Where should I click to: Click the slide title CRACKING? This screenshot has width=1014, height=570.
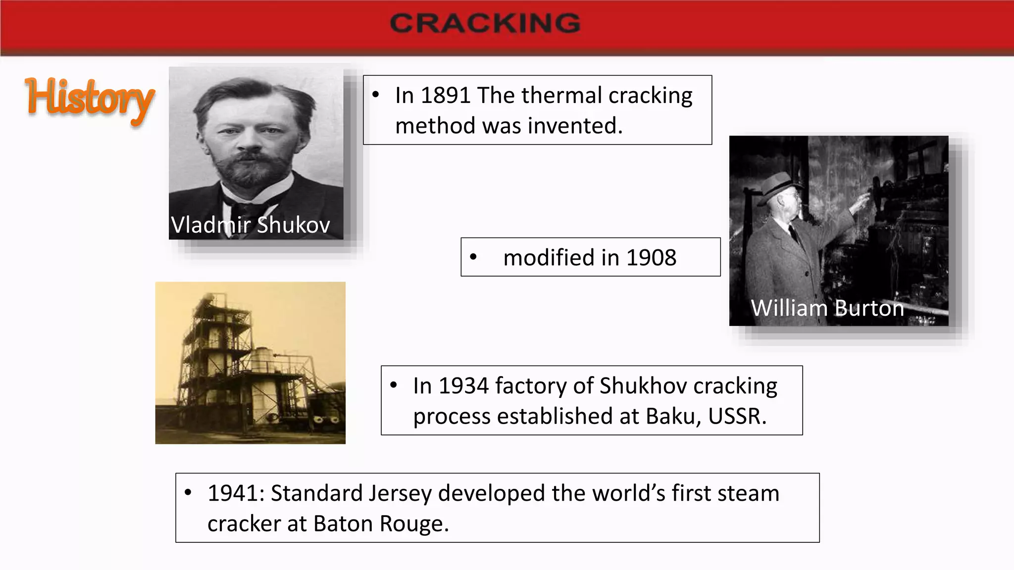tap(485, 23)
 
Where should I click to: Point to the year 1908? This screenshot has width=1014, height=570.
tap(651, 258)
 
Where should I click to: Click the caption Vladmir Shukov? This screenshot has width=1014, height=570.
tap(251, 225)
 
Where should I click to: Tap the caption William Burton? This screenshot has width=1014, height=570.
tap(827, 308)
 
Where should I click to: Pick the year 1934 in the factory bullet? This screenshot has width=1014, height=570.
tap(463, 386)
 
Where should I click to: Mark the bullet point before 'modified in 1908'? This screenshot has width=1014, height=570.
tap(473, 257)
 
